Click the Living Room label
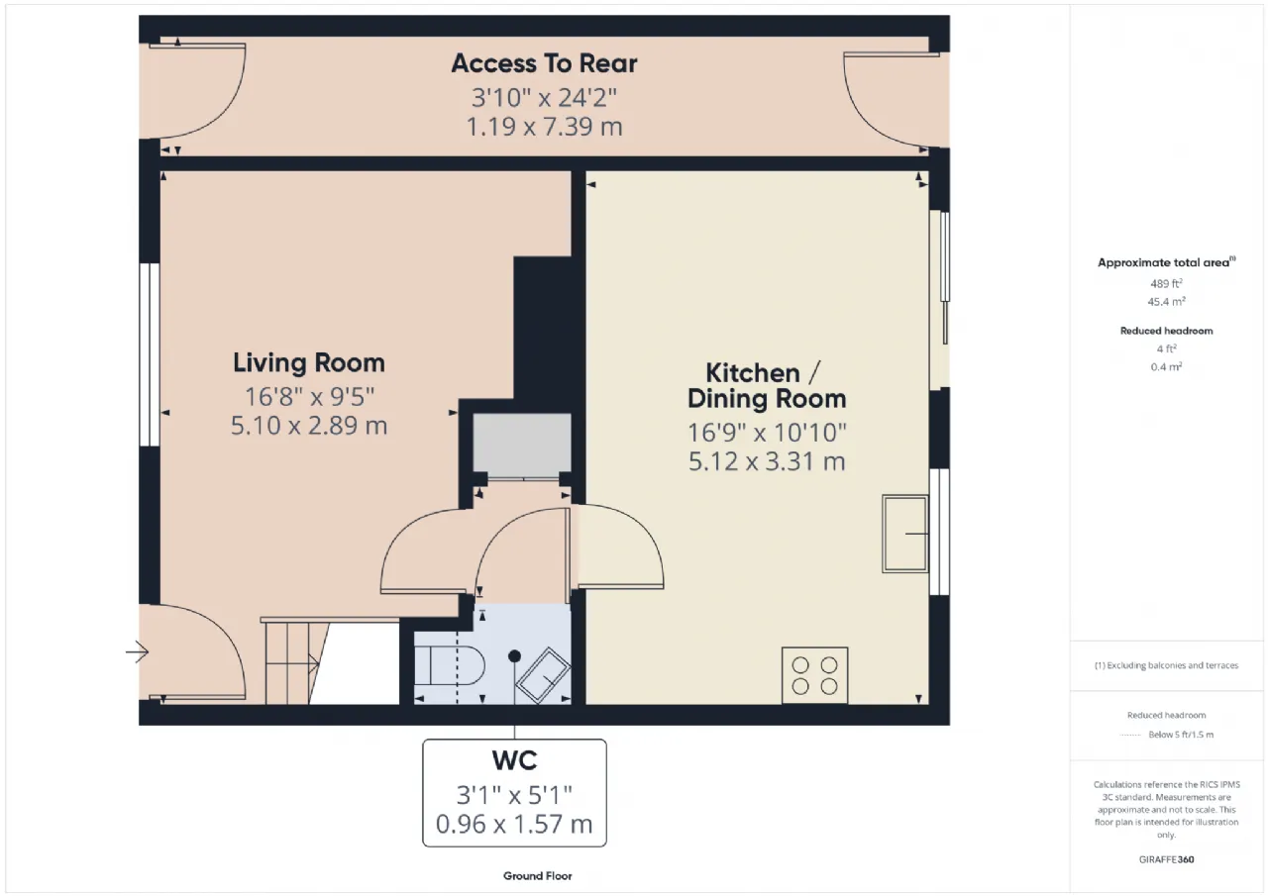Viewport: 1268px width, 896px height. pos(309,362)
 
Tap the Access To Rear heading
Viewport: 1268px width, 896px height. pos(544,63)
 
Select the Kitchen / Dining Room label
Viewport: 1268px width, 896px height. pos(767,386)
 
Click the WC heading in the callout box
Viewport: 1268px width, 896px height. pos(514,760)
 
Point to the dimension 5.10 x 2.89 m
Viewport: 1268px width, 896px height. pos(309,426)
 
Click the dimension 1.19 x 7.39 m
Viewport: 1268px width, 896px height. pos(544,126)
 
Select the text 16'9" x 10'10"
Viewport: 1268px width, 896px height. pos(767,433)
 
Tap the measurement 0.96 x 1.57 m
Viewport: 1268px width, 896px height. pos(514,824)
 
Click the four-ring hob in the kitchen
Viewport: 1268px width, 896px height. pos(814,675)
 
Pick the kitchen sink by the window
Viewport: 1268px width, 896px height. pos(905,534)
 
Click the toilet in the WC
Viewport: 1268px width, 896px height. pos(450,665)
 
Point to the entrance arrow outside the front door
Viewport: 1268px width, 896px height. pos(137,652)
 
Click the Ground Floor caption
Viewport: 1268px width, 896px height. pos(537,875)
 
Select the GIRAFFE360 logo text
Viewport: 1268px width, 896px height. pos(1166,859)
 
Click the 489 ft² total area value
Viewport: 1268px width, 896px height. pos(1166,283)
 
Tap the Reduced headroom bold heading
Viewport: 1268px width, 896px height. pos(1166,331)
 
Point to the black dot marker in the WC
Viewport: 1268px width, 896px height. pos(514,656)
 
